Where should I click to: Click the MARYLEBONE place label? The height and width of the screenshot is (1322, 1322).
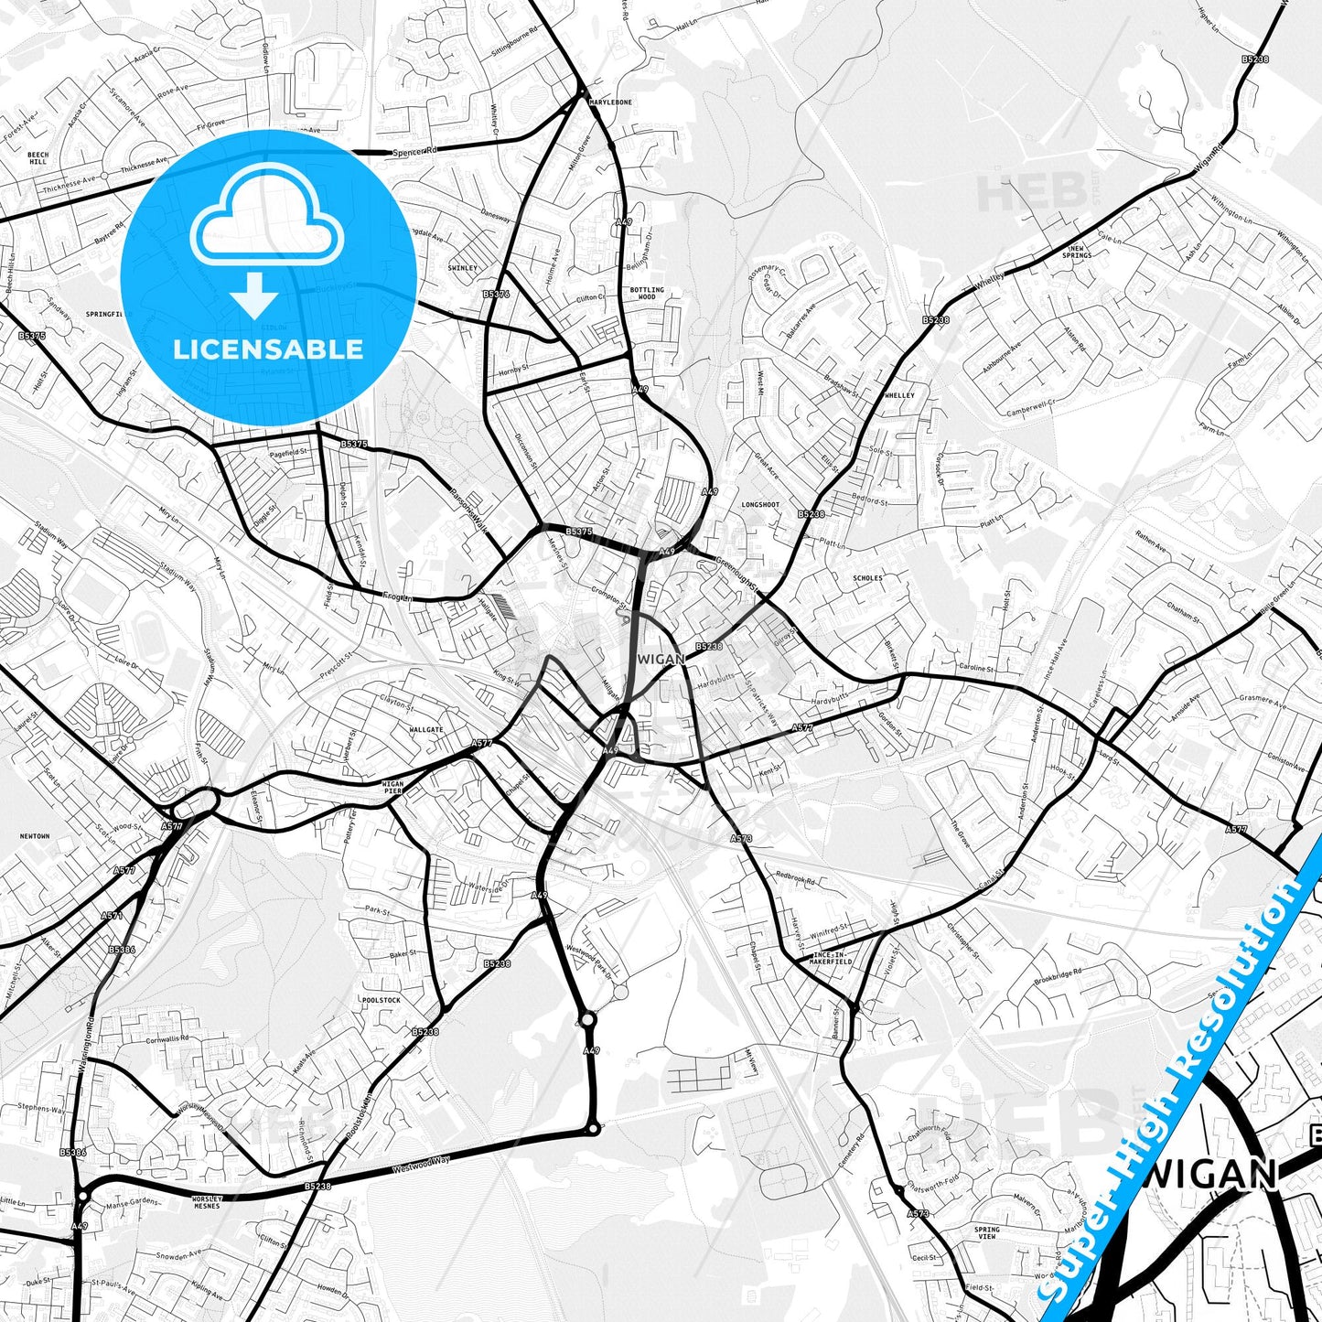point(610,102)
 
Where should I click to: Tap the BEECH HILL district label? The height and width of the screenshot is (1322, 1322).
point(38,158)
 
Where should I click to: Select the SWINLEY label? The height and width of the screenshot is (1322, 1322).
point(463,268)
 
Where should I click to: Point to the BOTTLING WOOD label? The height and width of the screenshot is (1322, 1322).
point(647,293)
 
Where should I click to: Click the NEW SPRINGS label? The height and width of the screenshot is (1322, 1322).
point(1077,252)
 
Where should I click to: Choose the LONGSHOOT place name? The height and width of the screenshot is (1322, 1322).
point(760,505)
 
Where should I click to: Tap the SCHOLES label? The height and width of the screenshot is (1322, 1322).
point(867,578)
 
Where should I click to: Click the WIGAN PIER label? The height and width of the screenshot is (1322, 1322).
point(392,788)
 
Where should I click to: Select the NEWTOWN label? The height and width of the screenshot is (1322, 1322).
point(35,836)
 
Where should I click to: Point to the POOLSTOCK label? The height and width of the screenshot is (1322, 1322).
point(381,1001)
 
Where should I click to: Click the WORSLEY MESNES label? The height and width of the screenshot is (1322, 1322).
point(207,1202)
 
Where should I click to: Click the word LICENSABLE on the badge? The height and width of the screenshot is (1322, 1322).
point(268,349)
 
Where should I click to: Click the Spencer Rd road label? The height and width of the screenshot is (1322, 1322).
point(415,150)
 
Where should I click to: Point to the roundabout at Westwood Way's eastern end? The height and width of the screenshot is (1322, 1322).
point(594,1130)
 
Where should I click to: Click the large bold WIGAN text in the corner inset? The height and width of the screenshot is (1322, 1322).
point(1210,1174)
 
